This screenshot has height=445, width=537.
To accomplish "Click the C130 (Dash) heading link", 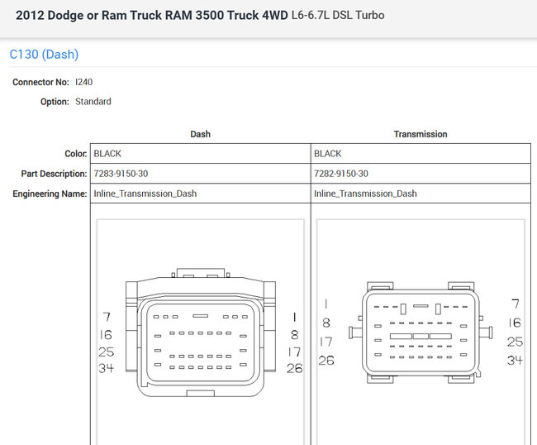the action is point(44,54).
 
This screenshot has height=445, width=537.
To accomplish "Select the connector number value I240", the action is point(84,82).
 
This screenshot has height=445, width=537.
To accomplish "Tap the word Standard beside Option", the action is point(93,102).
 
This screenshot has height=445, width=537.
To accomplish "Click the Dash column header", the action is point(201,134).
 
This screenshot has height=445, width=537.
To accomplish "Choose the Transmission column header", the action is point(421,134).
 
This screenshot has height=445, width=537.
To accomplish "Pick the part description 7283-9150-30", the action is point(121,174).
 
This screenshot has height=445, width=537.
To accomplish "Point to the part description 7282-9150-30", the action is point(341,174).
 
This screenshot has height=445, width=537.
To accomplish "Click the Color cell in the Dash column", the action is point(201,154).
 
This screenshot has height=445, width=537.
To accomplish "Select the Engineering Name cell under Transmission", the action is point(421,194).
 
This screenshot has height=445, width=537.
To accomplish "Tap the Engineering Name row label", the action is point(50,194).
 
